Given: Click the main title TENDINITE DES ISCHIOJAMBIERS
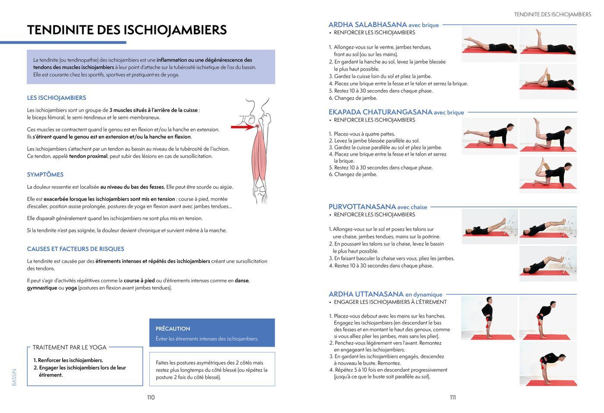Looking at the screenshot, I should [127, 30].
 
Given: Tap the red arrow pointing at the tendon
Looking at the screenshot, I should [242, 127].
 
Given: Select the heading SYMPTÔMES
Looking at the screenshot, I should [45, 175].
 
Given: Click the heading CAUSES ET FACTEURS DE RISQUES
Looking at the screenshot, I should [75, 249].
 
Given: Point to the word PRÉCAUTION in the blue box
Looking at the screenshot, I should [173, 329].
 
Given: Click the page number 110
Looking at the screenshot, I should [151, 397].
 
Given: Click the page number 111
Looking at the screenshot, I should [453, 397].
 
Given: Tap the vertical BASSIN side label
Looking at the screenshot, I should [14, 377].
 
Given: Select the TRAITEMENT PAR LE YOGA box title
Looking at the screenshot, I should [69, 347].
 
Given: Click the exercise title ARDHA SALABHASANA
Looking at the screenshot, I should [368, 25].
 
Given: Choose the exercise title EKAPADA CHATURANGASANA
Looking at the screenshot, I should [380, 112].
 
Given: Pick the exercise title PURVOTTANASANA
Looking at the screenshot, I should [362, 207].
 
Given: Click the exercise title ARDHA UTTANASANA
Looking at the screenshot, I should [366, 294].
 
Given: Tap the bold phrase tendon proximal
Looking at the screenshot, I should [88, 156].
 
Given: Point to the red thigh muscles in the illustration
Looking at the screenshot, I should [259, 155].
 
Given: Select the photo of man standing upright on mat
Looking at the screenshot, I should [489, 318].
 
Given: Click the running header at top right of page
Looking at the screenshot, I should [552, 14].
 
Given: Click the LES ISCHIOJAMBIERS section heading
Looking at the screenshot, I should [57, 98].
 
